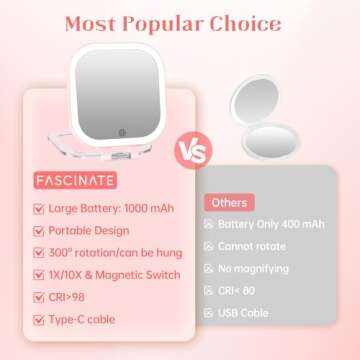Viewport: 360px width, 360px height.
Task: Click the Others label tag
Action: pos(229,203)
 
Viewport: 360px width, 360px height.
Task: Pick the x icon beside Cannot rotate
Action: pos(210,248)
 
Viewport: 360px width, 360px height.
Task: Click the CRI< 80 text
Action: pos(247,291)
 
